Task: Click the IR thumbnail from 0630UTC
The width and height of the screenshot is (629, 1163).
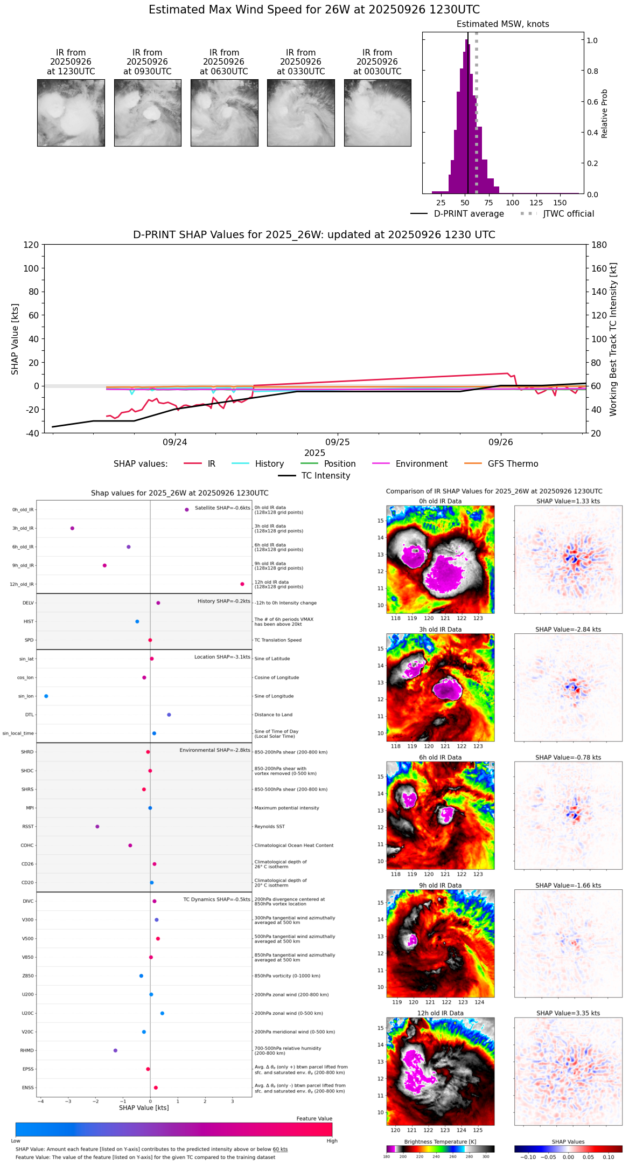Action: (224, 113)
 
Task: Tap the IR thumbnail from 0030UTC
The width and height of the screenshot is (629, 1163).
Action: (378, 113)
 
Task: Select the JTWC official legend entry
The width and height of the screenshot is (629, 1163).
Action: (568, 214)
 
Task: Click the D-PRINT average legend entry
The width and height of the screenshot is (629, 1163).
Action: (469, 214)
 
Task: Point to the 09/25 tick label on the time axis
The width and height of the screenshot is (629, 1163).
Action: (338, 442)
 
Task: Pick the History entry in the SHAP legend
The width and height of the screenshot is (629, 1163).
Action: (269, 464)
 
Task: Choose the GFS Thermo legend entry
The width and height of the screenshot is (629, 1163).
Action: (513, 464)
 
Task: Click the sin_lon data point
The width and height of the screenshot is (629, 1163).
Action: (46, 696)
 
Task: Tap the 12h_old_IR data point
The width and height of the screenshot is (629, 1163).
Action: (242, 584)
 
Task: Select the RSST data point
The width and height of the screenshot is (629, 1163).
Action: (97, 827)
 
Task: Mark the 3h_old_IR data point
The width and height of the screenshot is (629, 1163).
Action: (72, 528)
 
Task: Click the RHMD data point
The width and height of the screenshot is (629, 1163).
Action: (115, 1050)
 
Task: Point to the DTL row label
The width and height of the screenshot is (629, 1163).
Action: (29, 715)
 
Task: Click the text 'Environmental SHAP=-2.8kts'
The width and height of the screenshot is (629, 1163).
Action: (215, 750)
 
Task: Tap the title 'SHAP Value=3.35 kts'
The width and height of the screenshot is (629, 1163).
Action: (568, 1013)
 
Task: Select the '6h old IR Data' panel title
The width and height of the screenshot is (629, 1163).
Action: (440, 757)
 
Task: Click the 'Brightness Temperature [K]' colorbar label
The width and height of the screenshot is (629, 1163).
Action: (440, 1141)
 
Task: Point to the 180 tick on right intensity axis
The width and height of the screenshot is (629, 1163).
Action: (599, 245)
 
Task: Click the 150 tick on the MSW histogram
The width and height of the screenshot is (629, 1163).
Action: (560, 203)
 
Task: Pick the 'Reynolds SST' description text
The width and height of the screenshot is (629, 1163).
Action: (270, 827)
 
